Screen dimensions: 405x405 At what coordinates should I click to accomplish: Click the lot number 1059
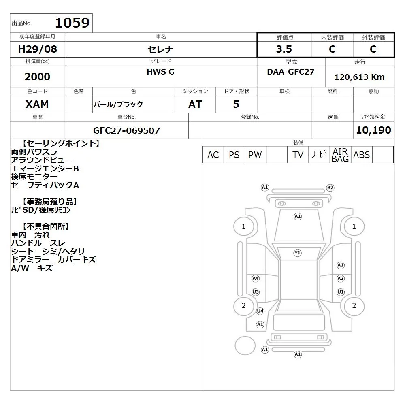point(72,23)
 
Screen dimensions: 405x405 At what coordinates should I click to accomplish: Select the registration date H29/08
point(37,49)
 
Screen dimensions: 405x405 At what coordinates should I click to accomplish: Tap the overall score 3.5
point(284,49)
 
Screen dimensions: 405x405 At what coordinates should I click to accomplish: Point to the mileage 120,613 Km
point(359,77)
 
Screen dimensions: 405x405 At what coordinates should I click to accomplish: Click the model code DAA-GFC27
point(290,72)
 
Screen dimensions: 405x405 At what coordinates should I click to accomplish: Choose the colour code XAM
point(37,104)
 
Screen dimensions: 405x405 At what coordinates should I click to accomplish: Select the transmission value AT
point(195,104)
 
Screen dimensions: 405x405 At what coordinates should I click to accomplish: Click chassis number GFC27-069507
point(126,130)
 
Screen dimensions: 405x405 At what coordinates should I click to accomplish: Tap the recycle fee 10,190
point(373,130)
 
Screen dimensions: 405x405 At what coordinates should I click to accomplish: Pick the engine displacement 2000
point(37,77)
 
